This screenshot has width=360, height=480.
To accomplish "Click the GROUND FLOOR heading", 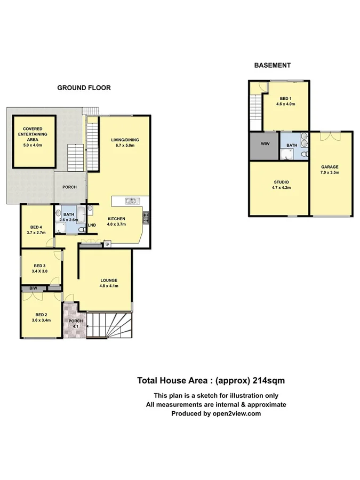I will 84,88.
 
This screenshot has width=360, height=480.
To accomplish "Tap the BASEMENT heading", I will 272,66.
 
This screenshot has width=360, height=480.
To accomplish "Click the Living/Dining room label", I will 125,143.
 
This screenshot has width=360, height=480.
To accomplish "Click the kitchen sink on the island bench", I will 131,201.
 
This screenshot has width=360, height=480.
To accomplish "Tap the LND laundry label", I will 92,225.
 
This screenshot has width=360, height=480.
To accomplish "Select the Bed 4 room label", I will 34,230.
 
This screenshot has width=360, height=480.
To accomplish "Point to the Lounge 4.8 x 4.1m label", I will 108,283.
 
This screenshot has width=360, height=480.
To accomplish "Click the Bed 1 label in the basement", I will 285,101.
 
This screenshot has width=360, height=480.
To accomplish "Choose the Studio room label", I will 279,185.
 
